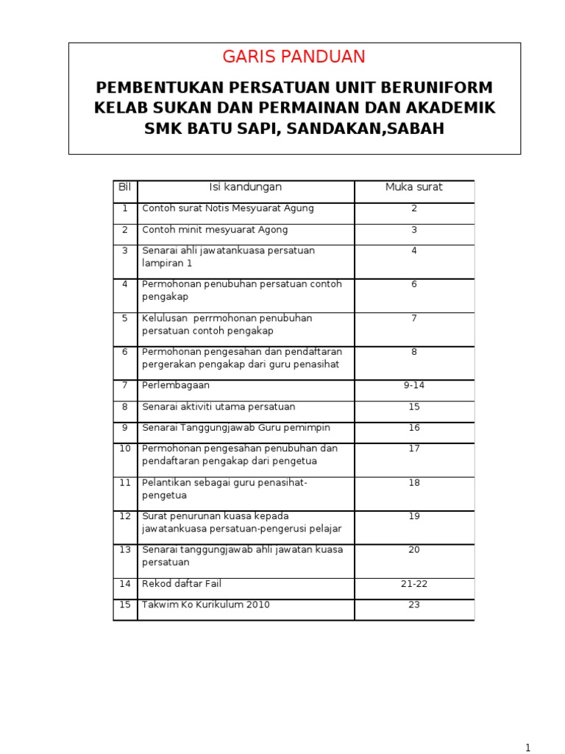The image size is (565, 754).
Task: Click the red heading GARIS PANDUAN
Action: pyautogui.click(x=294, y=57)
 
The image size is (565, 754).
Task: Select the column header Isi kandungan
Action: pyautogui.click(x=246, y=187)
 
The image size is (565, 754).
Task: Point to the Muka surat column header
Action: pyautogui.click(x=414, y=187)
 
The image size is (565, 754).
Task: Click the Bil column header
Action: pyautogui.click(x=124, y=187)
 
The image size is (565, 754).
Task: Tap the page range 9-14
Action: pyautogui.click(x=414, y=385)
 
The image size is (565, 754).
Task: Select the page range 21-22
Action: pyautogui.click(x=414, y=584)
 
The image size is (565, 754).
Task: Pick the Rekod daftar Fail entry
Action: pyautogui.click(x=182, y=584)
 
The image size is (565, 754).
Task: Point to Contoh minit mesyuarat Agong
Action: pyautogui.click(x=215, y=230)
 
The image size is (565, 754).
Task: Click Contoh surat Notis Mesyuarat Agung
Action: pyautogui.click(x=228, y=208)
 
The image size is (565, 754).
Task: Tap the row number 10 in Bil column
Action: pyautogui.click(x=124, y=448)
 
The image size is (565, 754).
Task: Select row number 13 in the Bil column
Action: pyautogui.click(x=124, y=550)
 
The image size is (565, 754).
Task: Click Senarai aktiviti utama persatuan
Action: pyautogui.click(x=218, y=406)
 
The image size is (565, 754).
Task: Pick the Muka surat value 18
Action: pyautogui.click(x=414, y=482)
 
